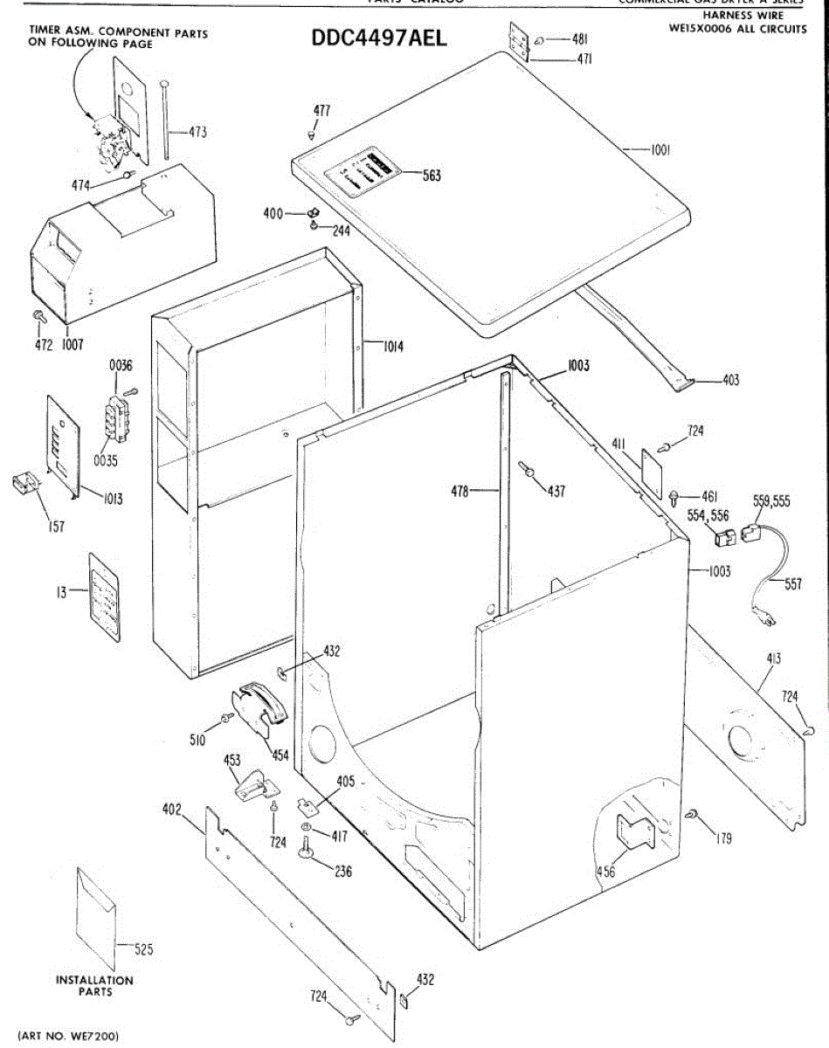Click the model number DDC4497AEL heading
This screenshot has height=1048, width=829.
(379, 41)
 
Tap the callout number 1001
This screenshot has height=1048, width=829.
(659, 150)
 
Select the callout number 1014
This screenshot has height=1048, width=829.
(392, 346)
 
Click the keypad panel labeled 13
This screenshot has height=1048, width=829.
(104, 597)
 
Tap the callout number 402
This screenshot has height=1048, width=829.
(171, 810)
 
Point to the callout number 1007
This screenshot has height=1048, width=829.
(72, 344)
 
